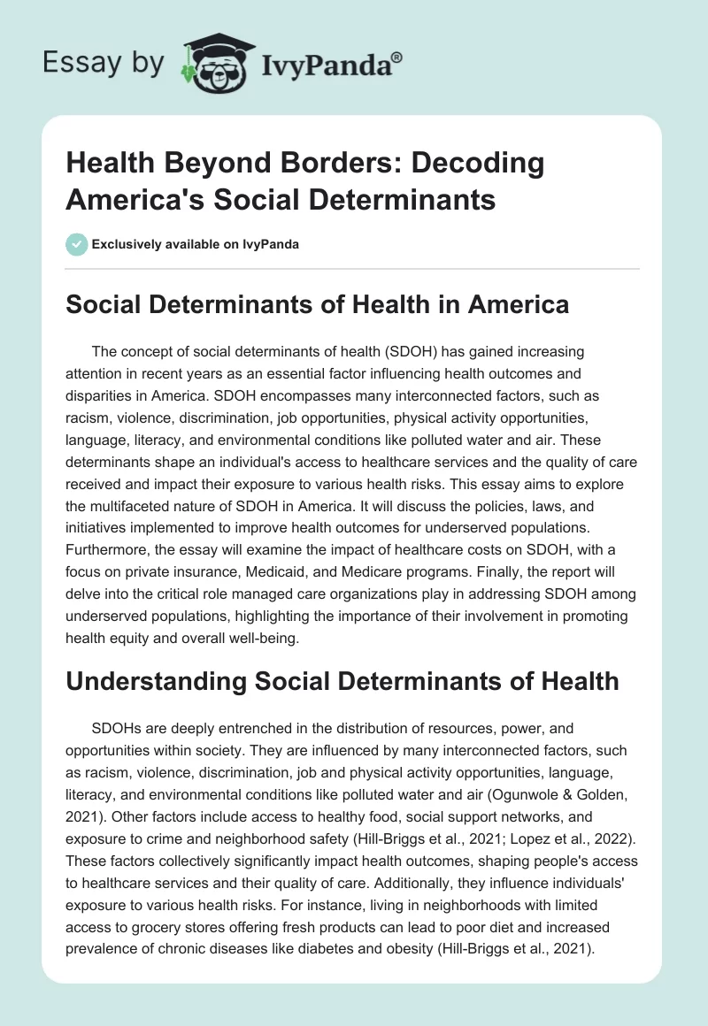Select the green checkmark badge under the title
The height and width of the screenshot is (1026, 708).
77,245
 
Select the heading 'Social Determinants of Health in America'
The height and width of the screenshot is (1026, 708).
317,305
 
